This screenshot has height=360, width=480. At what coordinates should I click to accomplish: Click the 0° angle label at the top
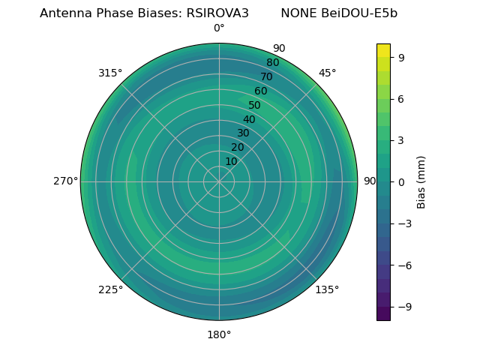(219, 28)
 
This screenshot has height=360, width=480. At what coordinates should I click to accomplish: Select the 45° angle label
(327, 73)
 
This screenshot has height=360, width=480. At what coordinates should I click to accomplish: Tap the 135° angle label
(327, 289)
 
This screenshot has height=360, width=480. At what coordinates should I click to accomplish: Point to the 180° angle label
(219, 334)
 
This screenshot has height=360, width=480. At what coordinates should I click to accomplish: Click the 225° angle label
(110, 289)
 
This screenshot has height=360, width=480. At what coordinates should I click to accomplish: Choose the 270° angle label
(65, 181)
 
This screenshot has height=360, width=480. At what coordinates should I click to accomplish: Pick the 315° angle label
(110, 73)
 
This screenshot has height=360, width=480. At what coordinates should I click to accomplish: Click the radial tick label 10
(231, 161)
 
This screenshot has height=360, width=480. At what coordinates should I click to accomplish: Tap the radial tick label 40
(249, 119)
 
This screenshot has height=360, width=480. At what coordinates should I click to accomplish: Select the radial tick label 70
(267, 76)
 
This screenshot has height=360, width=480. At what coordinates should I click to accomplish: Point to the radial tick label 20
(237, 147)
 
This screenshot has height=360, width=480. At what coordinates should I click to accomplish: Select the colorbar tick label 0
(401, 181)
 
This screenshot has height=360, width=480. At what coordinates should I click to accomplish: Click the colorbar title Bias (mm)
(421, 181)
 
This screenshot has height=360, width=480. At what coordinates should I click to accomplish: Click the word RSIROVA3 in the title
(217, 13)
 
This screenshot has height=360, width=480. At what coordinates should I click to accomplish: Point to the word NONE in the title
(297, 13)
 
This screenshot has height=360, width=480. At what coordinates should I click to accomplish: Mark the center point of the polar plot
(219, 181)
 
